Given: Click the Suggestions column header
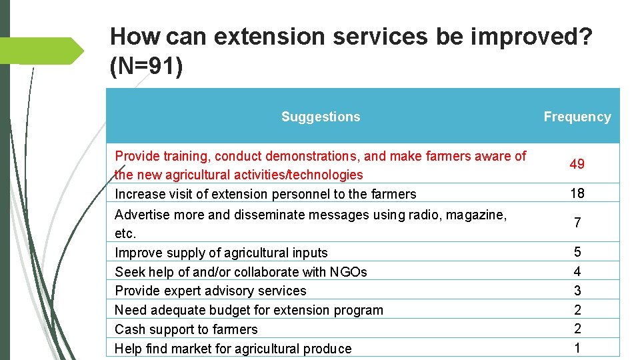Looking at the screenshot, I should click(x=321, y=117).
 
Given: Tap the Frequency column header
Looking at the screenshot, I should click(x=577, y=117).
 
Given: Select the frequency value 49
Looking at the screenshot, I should click(x=577, y=164).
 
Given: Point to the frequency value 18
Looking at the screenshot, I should click(x=577, y=193).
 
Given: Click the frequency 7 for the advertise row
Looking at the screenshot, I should click(x=577, y=223).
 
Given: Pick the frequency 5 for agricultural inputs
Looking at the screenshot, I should click(x=577, y=252).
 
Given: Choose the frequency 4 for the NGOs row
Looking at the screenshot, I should click(x=577, y=271).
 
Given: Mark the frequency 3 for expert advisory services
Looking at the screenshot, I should click(x=577, y=291).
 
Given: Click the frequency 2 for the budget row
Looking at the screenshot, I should click(x=577, y=310).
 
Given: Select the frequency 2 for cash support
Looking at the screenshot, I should click(x=577, y=329).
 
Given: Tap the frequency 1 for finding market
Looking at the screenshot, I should click(x=577, y=348).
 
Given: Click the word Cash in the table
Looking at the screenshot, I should click(x=129, y=329).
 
